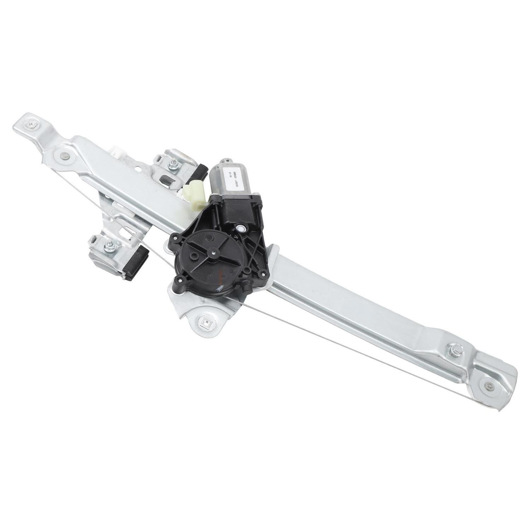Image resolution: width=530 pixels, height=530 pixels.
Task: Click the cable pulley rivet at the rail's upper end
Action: coord(64,154)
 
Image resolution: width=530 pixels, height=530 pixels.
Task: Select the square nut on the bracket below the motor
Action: coord(204,321)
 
